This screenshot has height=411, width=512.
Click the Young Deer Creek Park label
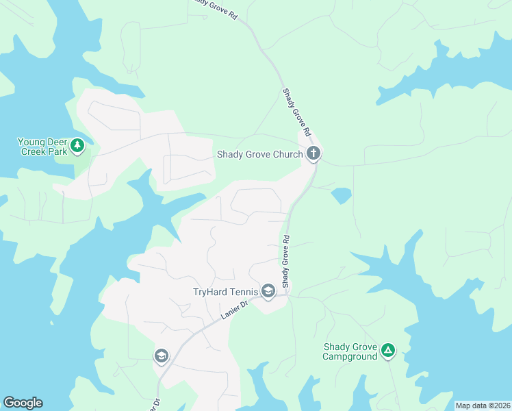(x=42, y=147)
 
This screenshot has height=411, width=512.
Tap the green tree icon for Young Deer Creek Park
(x=78, y=145)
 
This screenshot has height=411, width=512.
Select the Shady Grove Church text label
(x=259, y=154)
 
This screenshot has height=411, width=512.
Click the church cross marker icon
(x=313, y=153)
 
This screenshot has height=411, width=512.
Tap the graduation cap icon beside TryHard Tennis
(x=268, y=291)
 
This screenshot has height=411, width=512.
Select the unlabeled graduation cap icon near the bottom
(x=162, y=356)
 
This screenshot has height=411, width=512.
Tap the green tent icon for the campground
(x=388, y=351)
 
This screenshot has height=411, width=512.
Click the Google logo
(x=23, y=403)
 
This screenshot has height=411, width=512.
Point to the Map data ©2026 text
(x=483, y=406)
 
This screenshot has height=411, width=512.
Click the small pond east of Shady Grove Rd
(x=341, y=195)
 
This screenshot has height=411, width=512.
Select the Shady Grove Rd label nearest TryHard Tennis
(x=287, y=262)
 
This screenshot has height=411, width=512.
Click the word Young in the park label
(x=31, y=142)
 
